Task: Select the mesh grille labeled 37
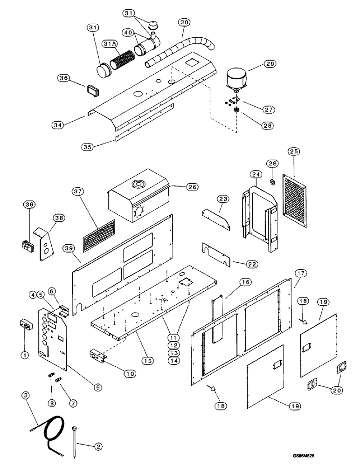coord(98,233)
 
